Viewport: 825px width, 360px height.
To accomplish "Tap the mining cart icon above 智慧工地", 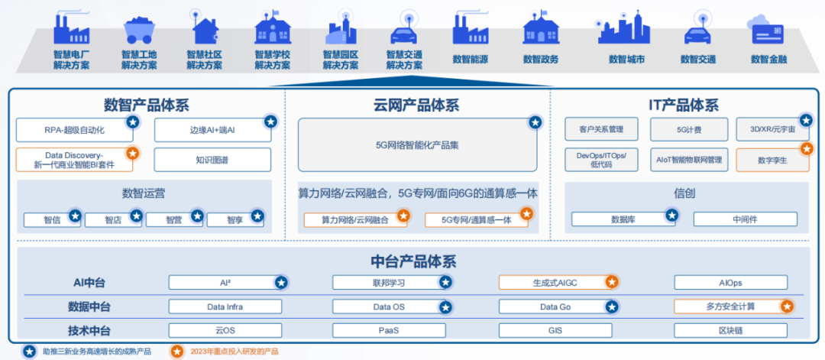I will [139, 31].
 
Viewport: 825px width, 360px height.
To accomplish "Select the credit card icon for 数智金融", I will [768, 31].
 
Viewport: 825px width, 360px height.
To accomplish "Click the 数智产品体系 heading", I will [146, 105].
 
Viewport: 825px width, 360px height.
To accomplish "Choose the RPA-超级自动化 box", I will [75, 130].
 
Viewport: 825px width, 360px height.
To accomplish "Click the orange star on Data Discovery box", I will [132, 153].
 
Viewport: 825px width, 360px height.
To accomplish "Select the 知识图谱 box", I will [212, 160].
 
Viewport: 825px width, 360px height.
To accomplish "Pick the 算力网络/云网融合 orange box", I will [354, 219].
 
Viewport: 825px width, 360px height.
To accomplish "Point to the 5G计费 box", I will [683, 130].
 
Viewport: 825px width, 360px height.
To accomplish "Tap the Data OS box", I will [388, 306].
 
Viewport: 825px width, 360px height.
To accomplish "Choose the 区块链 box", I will [730, 330].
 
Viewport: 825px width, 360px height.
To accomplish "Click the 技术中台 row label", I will [89, 331].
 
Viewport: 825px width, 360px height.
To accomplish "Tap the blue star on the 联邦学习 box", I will [445, 282].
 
